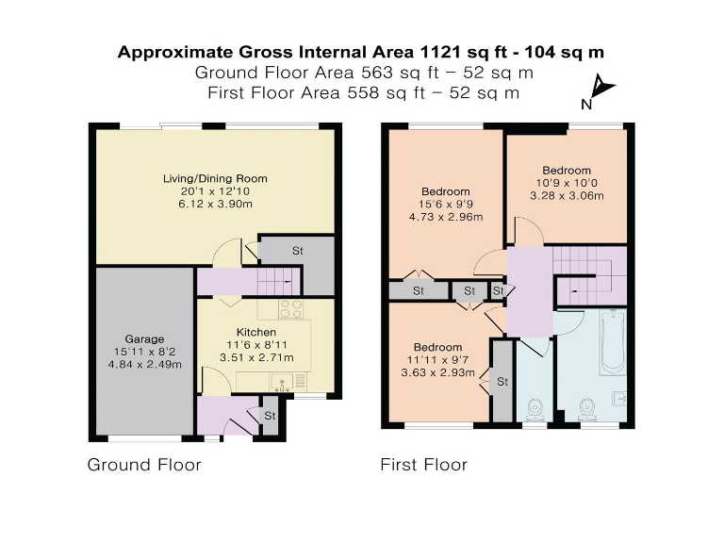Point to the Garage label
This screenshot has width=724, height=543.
click(145, 338)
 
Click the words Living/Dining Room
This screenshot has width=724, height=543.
click(215, 178)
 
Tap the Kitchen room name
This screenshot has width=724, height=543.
click(256, 333)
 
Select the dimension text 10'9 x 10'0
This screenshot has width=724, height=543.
click(567, 183)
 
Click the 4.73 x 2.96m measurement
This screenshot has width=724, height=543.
click(446, 217)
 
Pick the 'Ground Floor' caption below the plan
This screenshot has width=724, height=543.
click(144, 465)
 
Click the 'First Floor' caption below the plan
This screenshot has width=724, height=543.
click(423, 465)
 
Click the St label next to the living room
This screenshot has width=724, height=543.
click(297, 252)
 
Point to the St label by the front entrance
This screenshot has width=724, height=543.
click(270, 415)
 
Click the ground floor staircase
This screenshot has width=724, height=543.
click(278, 280)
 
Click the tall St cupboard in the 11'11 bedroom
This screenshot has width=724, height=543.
click(502, 381)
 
